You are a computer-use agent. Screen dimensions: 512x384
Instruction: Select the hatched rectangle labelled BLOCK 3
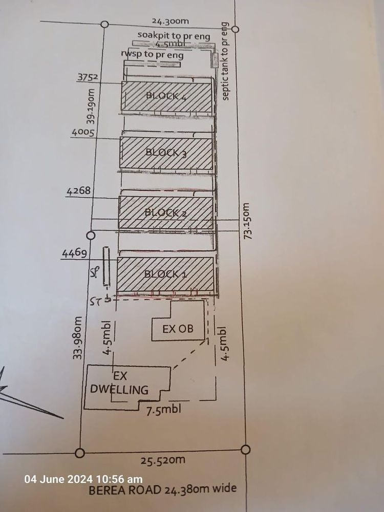166,153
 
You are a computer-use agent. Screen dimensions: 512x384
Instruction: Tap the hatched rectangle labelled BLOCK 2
166,212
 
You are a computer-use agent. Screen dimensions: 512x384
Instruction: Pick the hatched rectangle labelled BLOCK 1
165,274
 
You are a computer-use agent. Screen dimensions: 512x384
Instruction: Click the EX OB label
178,329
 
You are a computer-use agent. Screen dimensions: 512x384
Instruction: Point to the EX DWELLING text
119,382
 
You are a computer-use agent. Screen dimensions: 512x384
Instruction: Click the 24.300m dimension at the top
170,21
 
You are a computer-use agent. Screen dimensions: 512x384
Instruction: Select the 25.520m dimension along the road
162,460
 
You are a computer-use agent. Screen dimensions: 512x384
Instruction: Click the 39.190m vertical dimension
91,108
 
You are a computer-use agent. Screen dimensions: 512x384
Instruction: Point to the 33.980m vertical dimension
77,338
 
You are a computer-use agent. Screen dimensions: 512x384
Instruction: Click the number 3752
88,78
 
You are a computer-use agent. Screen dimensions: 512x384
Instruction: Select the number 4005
81,132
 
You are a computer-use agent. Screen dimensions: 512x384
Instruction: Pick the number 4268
78,191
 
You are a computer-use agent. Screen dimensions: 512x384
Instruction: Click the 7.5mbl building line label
163,409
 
